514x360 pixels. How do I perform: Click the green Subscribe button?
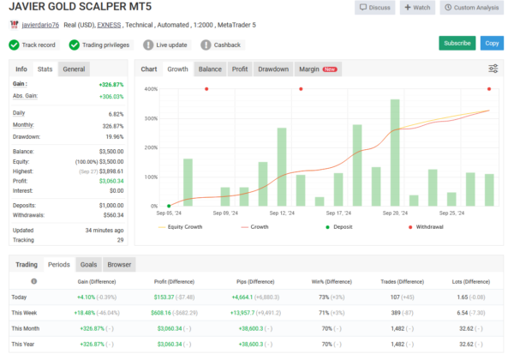click(457, 43)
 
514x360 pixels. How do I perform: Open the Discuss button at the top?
click(374, 8)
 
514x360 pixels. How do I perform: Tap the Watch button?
click(417, 8)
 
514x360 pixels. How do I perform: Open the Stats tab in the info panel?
click(45, 69)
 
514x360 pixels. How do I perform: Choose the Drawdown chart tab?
click(273, 69)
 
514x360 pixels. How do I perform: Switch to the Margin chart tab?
click(317, 69)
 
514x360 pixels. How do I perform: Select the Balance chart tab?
click(209, 69)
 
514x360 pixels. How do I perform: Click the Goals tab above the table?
click(88, 265)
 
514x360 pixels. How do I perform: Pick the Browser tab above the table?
click(119, 265)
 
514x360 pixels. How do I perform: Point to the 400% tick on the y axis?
click(151, 89)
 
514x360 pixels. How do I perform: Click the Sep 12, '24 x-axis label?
click(282, 213)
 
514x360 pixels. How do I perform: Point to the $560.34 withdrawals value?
click(112, 215)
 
